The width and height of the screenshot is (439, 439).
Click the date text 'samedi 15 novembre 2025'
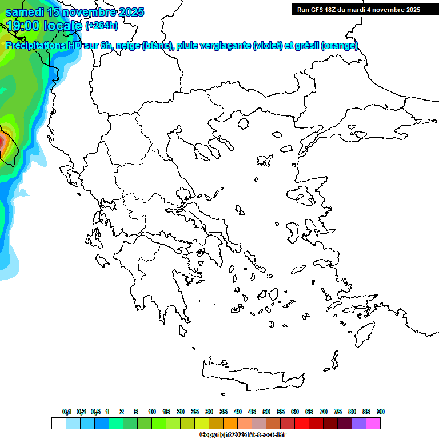(74, 12)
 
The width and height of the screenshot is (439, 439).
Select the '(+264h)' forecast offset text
(102, 25)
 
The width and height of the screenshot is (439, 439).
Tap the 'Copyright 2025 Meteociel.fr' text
(242, 434)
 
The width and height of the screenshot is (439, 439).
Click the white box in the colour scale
(58, 423)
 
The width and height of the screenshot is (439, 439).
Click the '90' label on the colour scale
(380, 412)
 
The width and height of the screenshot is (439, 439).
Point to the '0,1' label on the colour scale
(67, 412)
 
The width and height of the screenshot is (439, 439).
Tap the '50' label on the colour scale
(266, 412)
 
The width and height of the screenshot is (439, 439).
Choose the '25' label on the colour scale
(195, 412)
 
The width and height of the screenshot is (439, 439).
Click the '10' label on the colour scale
(152, 412)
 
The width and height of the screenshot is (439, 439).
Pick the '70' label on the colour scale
(324, 412)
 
